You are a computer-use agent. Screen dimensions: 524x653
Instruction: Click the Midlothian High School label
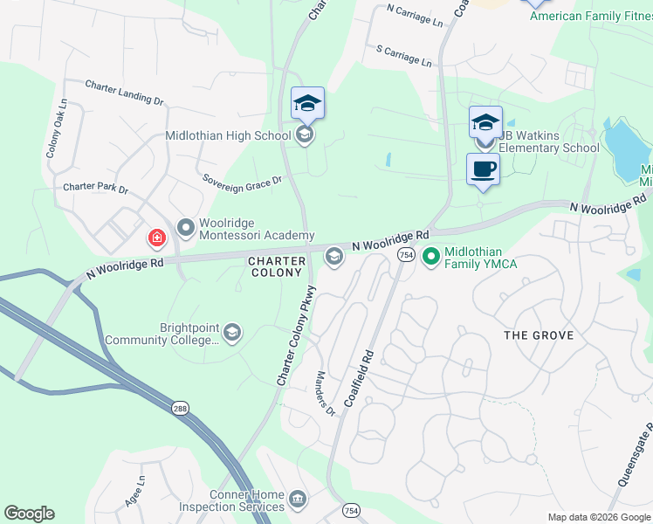[x=228, y=135]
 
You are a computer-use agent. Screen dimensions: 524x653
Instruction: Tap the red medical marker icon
[x=156, y=237]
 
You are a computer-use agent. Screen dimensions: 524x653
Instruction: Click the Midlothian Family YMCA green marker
[x=430, y=257]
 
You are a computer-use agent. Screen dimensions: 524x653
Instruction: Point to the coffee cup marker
[x=483, y=169]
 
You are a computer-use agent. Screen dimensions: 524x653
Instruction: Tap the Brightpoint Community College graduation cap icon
[x=232, y=332]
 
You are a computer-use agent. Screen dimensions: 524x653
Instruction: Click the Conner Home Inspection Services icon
[x=297, y=499]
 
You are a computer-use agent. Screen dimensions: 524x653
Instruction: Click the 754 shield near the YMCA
[x=405, y=254]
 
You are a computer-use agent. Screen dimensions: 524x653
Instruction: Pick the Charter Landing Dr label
[x=124, y=93]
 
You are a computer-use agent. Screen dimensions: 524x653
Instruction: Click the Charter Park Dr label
[x=95, y=189]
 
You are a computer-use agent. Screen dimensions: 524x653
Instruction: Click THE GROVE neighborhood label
[x=539, y=335]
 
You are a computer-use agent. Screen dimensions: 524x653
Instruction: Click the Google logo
[x=30, y=514]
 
